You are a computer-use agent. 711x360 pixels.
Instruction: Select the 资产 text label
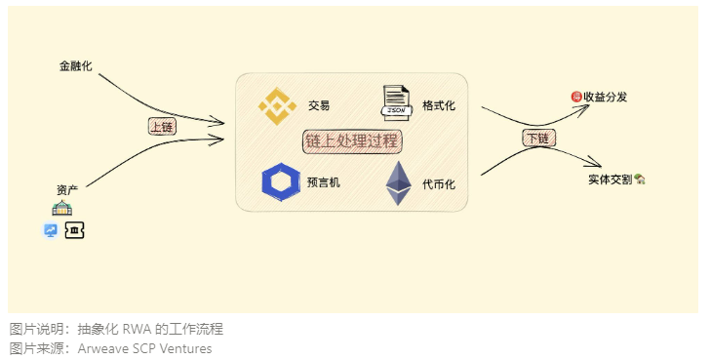[x=67, y=189]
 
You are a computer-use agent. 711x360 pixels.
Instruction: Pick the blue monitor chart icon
[x=51, y=231]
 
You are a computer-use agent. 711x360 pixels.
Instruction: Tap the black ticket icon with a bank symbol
[x=74, y=231]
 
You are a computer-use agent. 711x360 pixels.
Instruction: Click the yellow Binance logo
[x=276, y=106]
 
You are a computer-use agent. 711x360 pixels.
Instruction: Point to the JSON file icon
[x=395, y=103]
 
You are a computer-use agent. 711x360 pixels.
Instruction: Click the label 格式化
[x=439, y=105]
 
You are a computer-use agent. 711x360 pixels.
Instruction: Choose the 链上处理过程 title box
[x=352, y=141]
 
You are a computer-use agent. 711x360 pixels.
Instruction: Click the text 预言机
[x=324, y=182]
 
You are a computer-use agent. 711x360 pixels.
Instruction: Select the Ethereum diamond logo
[x=398, y=182]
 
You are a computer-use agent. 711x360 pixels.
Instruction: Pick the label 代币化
[x=439, y=183]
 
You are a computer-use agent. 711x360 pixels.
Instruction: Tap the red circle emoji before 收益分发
[x=575, y=97]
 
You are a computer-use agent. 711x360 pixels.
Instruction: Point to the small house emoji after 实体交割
[x=641, y=180]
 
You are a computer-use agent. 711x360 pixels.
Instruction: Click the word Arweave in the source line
[x=101, y=348]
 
